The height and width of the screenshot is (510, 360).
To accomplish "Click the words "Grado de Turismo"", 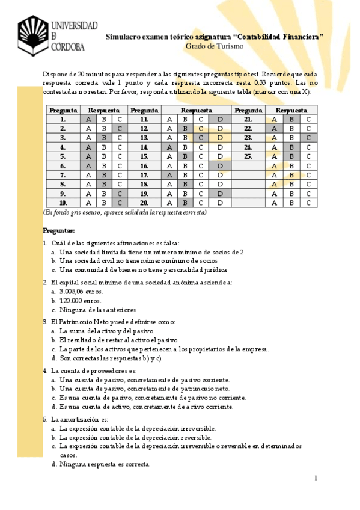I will [x=214, y=46].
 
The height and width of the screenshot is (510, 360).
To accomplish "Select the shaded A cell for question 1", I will [x=88, y=119].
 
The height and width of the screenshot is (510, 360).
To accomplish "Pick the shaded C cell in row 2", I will [x=120, y=128].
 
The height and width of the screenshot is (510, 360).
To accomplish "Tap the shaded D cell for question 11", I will [x=220, y=119].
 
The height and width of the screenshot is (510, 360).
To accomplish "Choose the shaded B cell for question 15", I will [x=186, y=156].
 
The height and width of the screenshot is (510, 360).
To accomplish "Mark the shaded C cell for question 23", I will [x=308, y=138].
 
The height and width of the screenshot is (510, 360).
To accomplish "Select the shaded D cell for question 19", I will [x=220, y=194].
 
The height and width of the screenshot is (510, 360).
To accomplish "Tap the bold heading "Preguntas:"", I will [x=59, y=230].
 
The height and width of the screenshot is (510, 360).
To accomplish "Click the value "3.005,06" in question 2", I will [x=72, y=291].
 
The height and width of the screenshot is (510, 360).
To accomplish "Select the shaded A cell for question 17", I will [x=169, y=175].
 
